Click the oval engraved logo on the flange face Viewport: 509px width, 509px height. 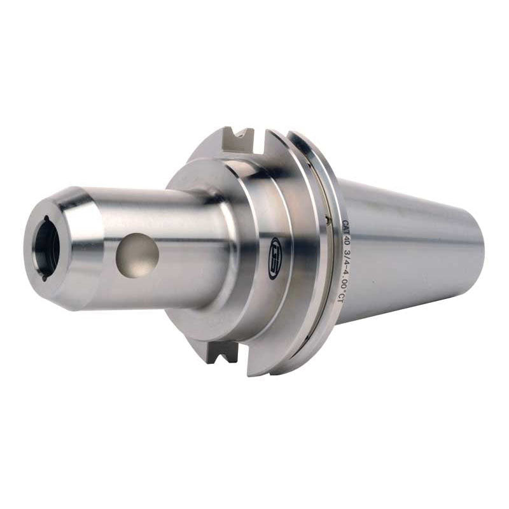coord(275,249)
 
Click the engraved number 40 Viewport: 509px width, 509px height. coord(347,241)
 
